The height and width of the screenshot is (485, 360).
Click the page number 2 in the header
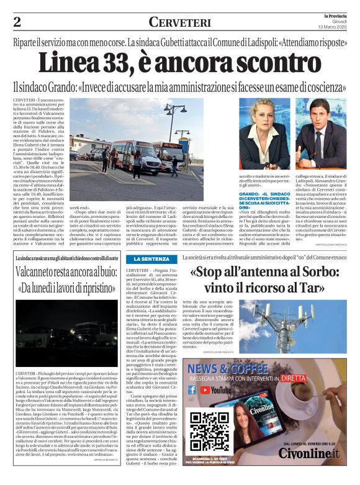click(17, 22)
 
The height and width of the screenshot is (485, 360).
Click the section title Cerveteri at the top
click(180, 22)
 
